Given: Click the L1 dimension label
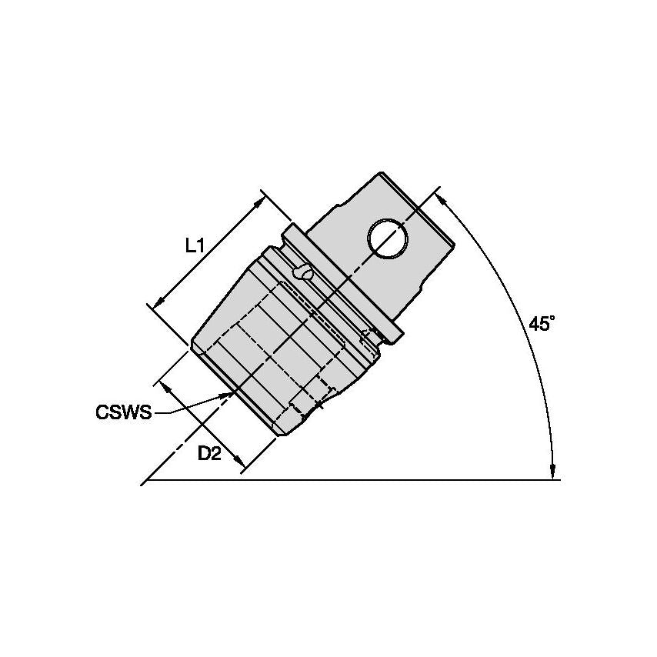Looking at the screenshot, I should (x=194, y=246).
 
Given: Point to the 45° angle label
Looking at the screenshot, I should (x=541, y=324).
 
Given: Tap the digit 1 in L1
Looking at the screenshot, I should (x=200, y=246).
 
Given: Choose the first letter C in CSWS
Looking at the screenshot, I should (x=102, y=413).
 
